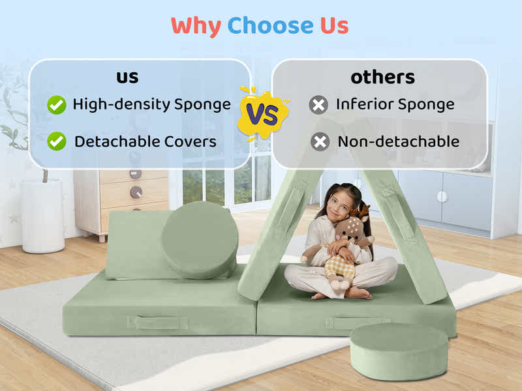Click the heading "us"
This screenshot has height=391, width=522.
tap(127, 77)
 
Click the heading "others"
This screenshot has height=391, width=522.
tap(382, 77)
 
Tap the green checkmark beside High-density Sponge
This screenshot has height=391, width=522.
tap(57, 104)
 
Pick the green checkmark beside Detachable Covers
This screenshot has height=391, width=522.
tap(57, 141)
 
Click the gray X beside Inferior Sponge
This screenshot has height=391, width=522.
tap(318, 104)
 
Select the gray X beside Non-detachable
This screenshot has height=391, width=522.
tap(320, 141)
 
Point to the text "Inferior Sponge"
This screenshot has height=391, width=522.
tap(395, 104)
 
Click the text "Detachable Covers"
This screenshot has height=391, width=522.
tap(145, 141)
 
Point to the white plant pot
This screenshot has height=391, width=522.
tap(42, 215)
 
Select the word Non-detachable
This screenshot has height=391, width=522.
tap(398, 141)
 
